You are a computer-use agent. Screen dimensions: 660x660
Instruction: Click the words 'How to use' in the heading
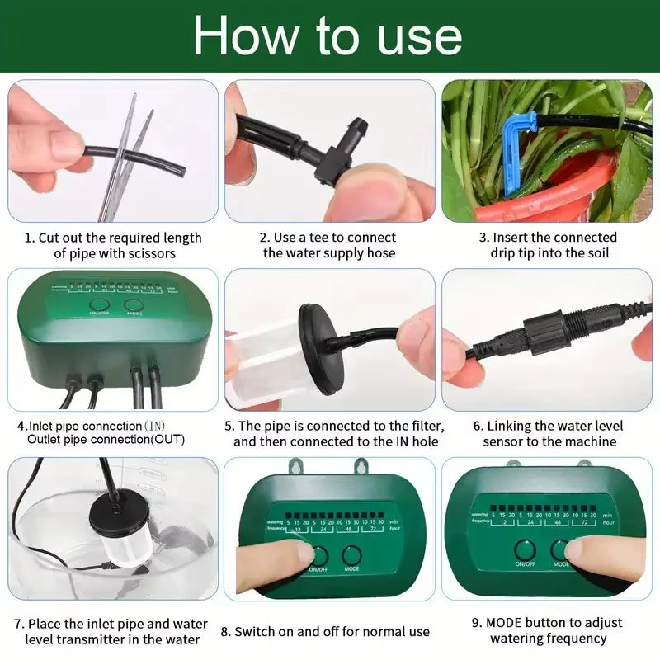point(328,37)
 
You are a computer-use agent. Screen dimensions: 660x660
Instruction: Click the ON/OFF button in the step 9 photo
point(525,550)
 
